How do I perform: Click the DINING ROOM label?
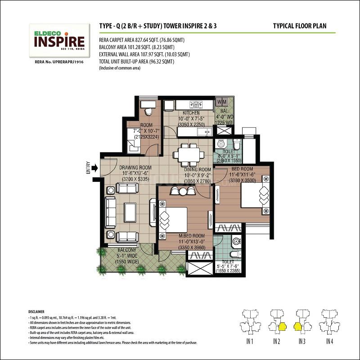coord(197,170)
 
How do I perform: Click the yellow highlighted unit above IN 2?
coord(282,326)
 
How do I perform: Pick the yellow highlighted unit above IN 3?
coord(297,326)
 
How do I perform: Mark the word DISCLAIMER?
coord(37,311)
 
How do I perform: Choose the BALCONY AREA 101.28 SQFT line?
coord(130,46)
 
